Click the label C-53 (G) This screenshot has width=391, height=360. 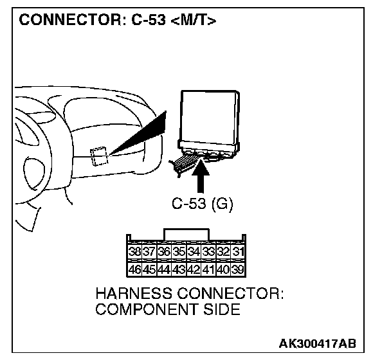203,205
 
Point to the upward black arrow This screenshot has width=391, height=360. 201,176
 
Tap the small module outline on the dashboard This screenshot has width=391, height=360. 99,156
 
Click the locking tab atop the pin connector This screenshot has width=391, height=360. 186,233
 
